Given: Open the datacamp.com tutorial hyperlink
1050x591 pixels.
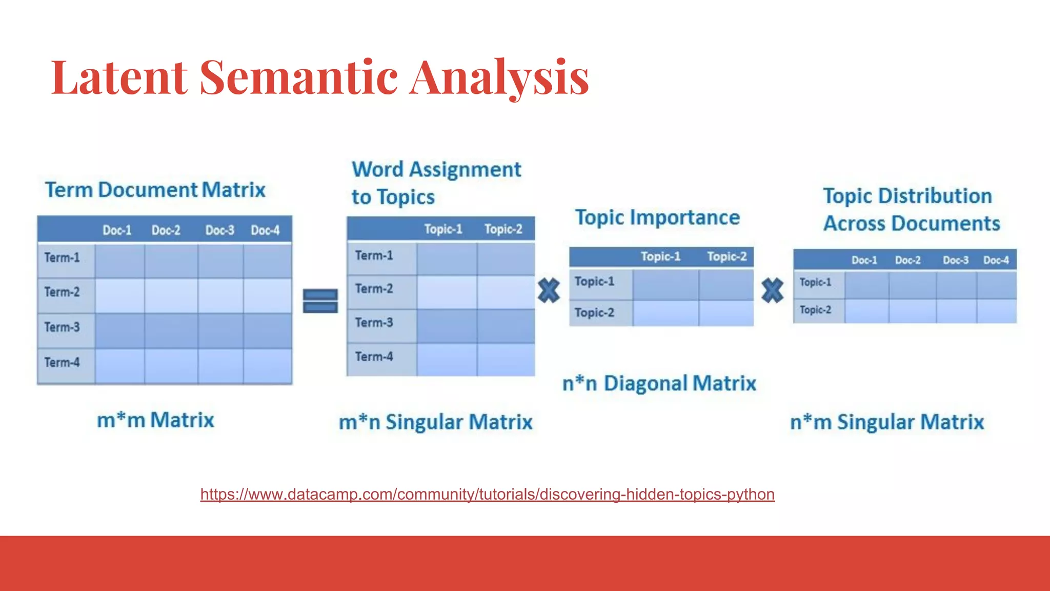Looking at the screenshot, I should tap(487, 494).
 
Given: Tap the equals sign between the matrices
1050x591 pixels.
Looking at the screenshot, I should tap(320, 301).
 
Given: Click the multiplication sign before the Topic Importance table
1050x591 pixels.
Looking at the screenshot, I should tap(549, 290).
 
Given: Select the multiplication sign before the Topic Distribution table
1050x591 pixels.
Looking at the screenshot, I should tap(772, 290).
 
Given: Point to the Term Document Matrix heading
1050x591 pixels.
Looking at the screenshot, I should tap(155, 190).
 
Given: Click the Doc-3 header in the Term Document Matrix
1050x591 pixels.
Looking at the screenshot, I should tap(219, 230).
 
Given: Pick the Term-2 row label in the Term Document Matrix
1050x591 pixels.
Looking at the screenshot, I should tap(62, 292).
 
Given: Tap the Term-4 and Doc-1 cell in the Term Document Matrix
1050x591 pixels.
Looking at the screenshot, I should tap(119, 366).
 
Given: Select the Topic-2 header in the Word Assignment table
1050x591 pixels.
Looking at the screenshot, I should tap(503, 229).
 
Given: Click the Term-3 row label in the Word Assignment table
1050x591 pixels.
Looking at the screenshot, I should tap(374, 323).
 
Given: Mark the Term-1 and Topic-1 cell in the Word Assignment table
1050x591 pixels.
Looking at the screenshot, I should tap(446, 258).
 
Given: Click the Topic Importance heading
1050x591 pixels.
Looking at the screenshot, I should tap(657, 218).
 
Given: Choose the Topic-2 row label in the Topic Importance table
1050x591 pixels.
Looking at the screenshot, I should tap(594, 312).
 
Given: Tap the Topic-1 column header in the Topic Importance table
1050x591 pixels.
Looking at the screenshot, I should tap(660, 257).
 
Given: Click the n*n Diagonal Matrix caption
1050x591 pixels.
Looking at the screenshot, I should tap(659, 384).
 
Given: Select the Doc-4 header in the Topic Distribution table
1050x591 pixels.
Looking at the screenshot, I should tap(996, 260).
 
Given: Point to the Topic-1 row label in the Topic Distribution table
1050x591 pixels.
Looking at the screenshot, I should tap(815, 282).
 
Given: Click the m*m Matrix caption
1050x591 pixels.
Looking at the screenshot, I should tap(155, 420).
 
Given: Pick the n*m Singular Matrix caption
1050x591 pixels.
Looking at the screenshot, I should tap(887, 422).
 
